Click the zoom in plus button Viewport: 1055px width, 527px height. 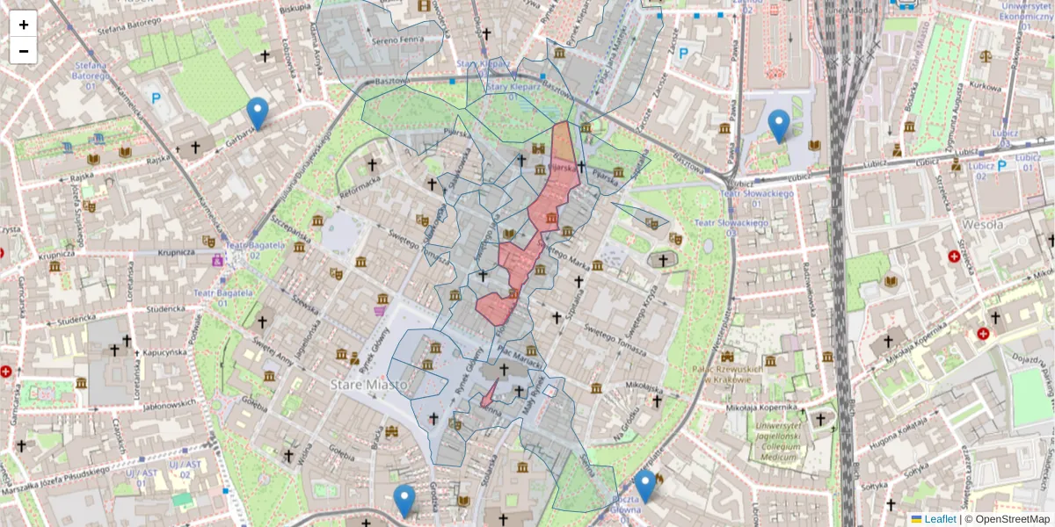pos(24,24)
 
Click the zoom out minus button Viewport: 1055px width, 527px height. pos(24,50)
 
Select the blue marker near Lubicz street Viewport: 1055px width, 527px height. pos(779,126)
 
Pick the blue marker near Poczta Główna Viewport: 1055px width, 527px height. pos(646,486)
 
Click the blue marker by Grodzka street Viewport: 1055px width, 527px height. pos(404,501)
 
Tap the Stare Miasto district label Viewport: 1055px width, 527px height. pos(368,385)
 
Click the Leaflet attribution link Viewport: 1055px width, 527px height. pos(940,519)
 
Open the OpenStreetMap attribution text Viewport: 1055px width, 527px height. pos(1007,519)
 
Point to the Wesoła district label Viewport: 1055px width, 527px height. pos(982,224)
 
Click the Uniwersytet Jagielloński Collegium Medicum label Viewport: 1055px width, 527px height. pos(778,441)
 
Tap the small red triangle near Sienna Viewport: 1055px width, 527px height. pos(488,395)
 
